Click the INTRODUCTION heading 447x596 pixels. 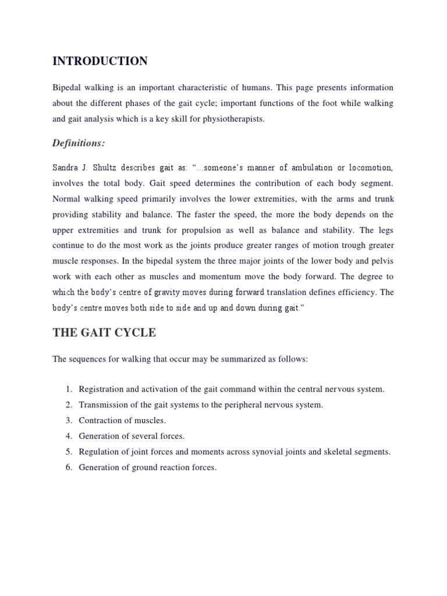coord(100,61)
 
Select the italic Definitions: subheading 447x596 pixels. coord(79,143)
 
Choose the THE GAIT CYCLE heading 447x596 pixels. coord(104,332)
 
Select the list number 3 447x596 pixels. coord(68,420)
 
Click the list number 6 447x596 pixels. coord(68,467)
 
